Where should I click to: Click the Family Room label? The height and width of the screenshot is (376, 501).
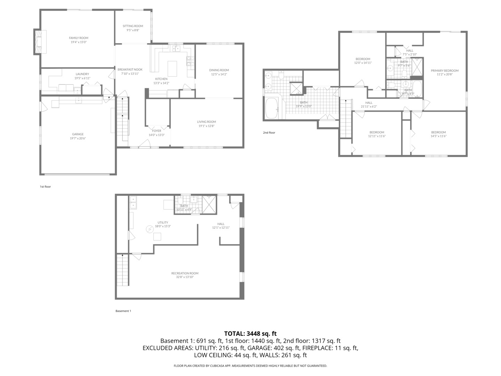[78, 38]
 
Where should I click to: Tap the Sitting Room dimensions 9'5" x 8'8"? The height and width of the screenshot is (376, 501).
[133, 30]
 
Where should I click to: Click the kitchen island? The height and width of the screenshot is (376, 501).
[172, 69]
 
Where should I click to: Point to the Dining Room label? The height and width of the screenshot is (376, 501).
[219, 70]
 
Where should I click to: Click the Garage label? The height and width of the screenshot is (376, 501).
[78, 134]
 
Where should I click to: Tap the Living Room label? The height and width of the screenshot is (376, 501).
[206, 122]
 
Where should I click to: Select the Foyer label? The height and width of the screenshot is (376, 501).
[157, 131]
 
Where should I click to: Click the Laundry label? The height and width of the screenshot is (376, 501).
[82, 74]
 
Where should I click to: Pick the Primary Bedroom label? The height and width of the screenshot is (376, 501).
[445, 71]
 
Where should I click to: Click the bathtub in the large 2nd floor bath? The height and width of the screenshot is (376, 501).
[271, 108]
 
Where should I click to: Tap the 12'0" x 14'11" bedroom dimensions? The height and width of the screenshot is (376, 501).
[363, 63]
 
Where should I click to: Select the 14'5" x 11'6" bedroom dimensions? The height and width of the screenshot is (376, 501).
[438, 136]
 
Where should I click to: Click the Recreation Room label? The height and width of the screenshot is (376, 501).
[185, 273]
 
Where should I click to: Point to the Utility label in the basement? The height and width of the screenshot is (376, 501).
[163, 222]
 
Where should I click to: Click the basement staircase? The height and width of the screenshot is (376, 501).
[122, 270]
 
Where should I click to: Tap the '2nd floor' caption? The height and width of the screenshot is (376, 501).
[269, 133]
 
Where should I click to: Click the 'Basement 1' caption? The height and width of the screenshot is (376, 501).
[123, 311]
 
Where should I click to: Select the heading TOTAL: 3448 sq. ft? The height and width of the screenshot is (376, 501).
[250, 334]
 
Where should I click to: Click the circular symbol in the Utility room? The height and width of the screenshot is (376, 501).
[150, 229]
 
